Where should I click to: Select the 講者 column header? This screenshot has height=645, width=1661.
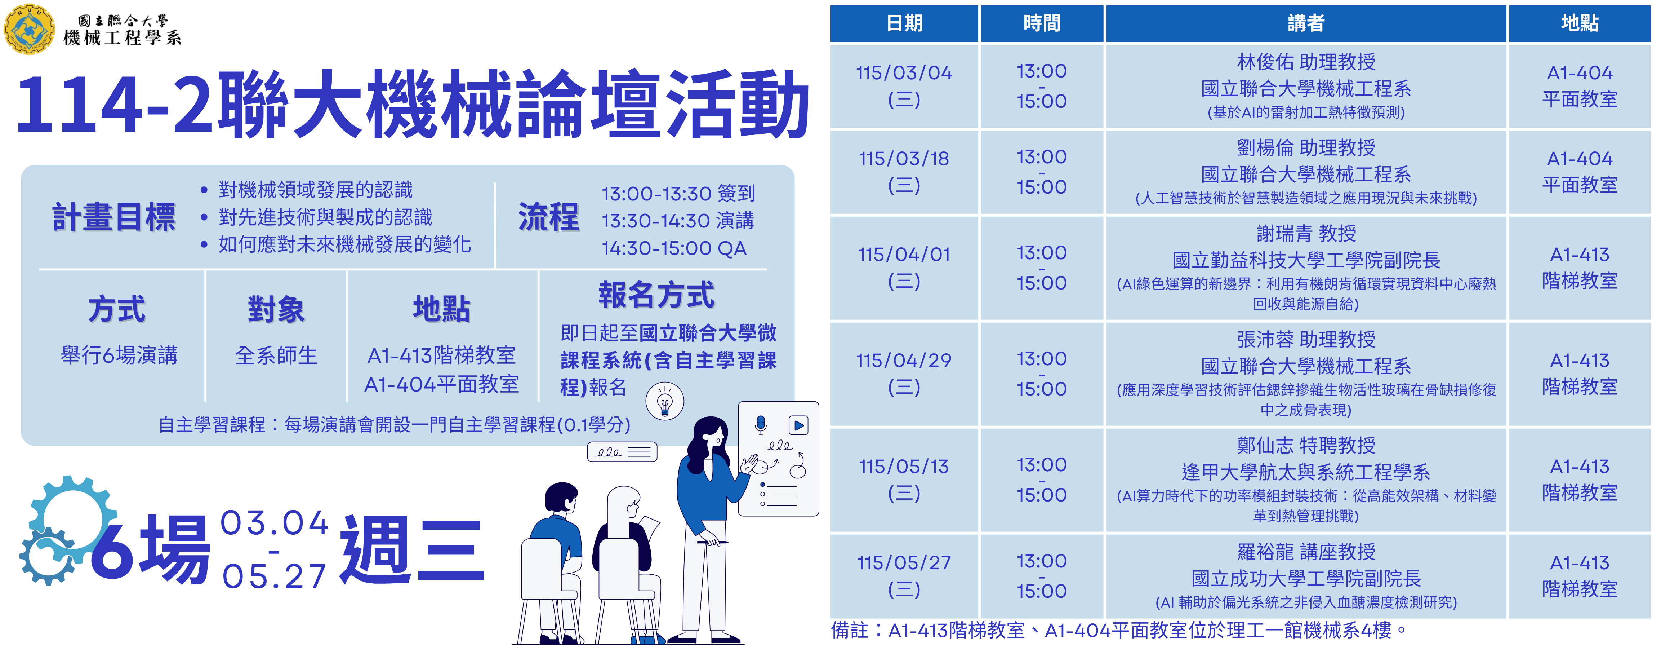[x=1306, y=23]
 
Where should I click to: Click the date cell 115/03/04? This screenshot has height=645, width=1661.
[x=904, y=73]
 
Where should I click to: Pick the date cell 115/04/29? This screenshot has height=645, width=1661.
[x=904, y=361]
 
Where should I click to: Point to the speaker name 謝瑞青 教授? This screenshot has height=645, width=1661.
[x=1306, y=234]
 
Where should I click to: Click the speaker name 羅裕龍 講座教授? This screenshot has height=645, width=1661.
[x=1306, y=552]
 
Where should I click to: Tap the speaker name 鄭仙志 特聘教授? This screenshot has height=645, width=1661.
[x=1306, y=445]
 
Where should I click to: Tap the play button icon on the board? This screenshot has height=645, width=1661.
[x=798, y=425]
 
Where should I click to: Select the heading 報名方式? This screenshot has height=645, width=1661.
[x=656, y=295]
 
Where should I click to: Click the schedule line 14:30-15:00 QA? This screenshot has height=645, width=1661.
[x=674, y=248]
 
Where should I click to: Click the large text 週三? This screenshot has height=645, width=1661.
[x=413, y=549]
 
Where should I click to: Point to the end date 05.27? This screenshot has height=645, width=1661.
[x=274, y=576]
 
